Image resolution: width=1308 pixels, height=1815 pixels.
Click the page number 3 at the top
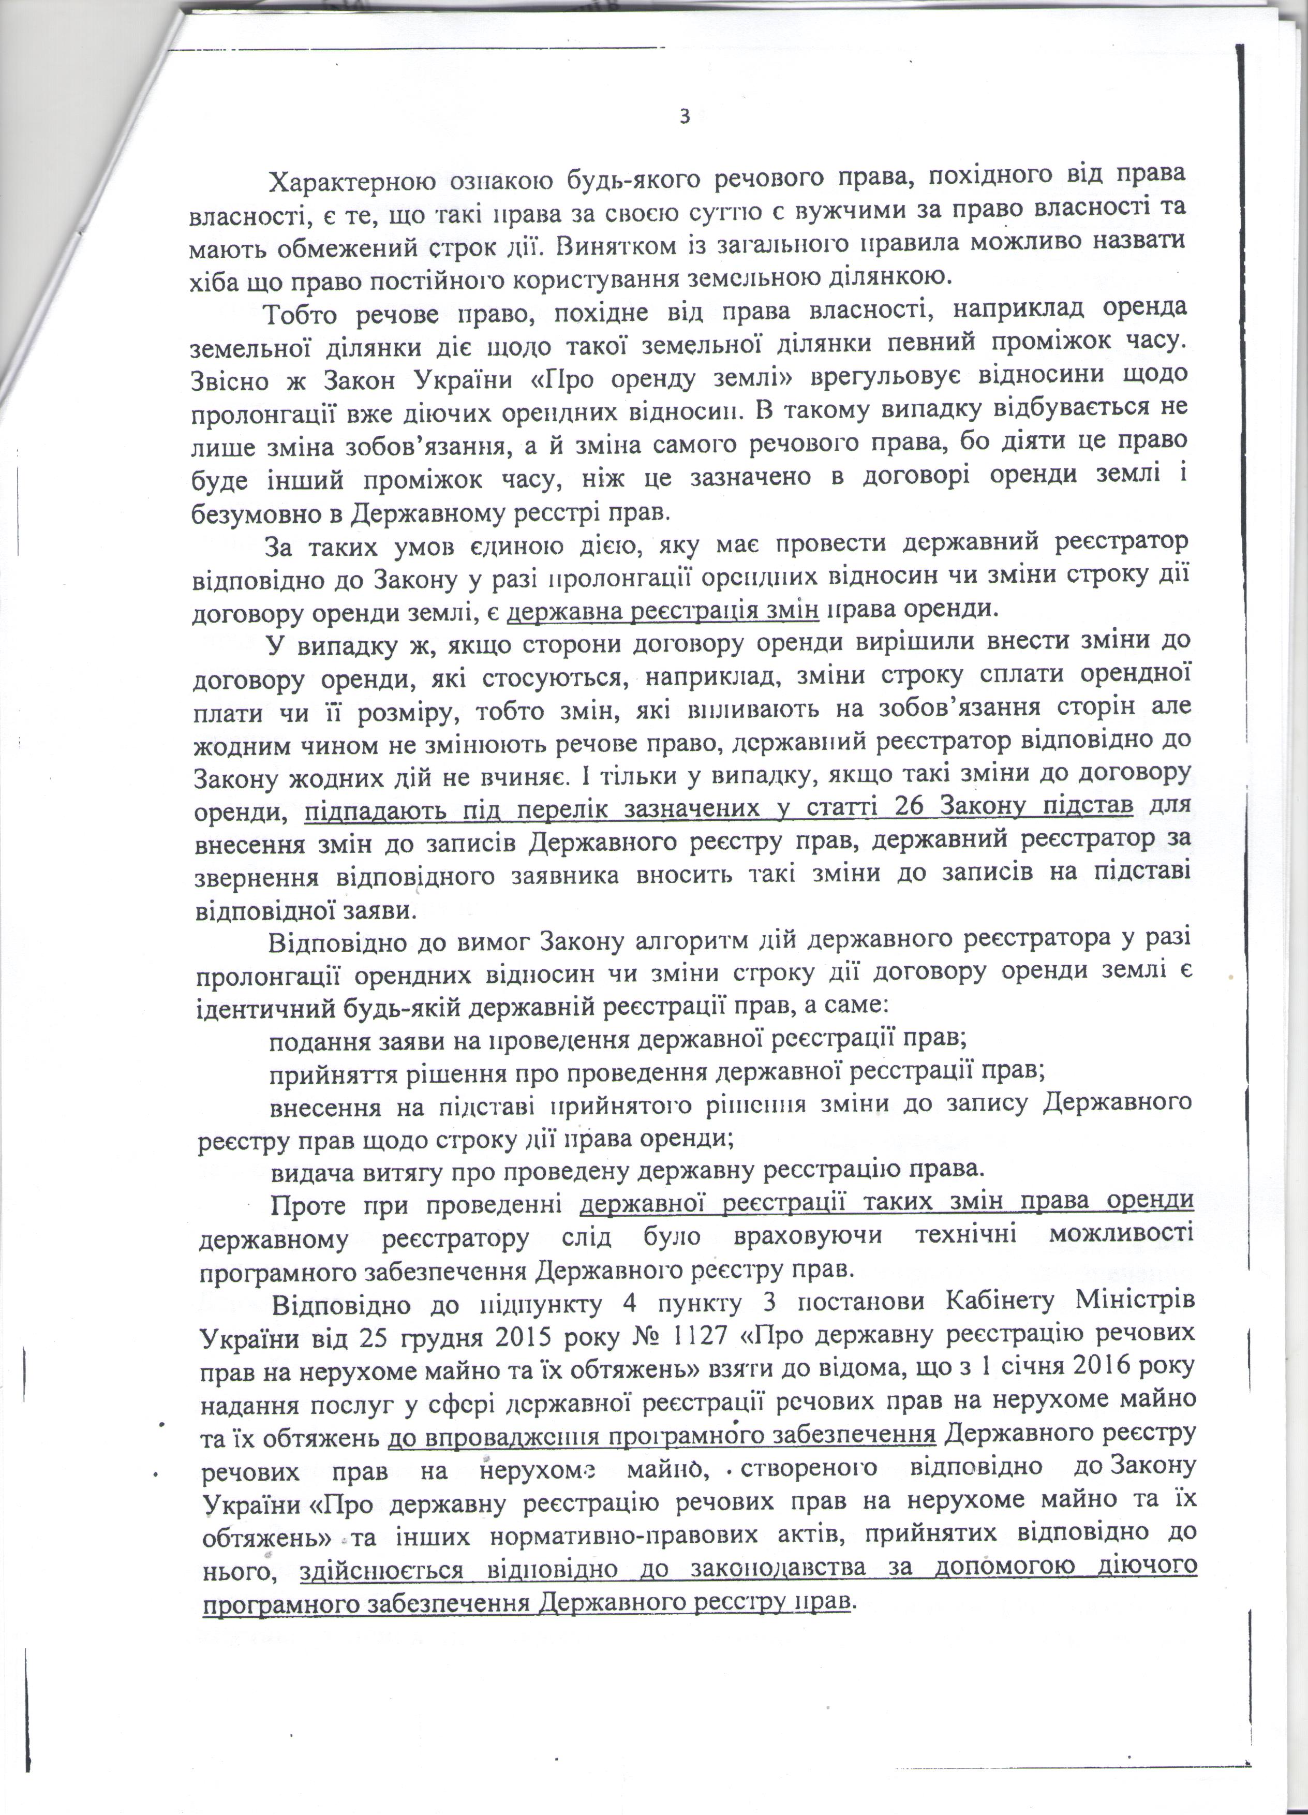pyautogui.click(x=684, y=117)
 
